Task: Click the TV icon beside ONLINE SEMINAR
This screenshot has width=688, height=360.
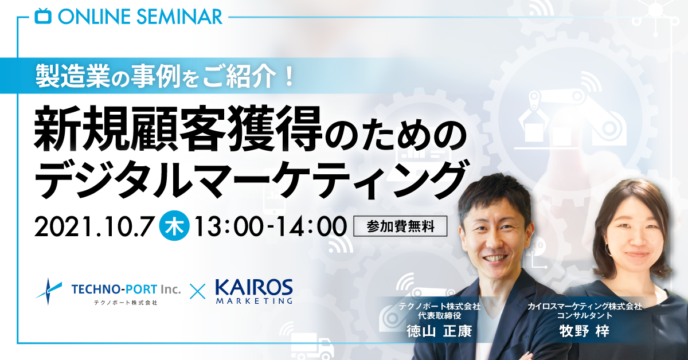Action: pos(42,16)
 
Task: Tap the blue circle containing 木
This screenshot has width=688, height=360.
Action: pos(174,227)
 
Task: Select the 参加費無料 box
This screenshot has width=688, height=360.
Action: pos(400,226)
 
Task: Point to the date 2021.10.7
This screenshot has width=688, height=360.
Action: pos(93,227)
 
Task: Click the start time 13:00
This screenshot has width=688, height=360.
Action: pos(229,227)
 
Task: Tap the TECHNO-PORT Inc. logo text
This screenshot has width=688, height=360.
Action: pos(126,289)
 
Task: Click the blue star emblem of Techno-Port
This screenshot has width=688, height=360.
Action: pos(49,291)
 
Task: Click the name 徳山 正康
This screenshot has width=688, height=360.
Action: pos(439,331)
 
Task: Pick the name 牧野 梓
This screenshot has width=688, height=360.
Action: pos(584,331)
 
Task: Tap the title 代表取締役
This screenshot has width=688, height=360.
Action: pos(439,315)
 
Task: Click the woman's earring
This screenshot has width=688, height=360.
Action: pos(608,248)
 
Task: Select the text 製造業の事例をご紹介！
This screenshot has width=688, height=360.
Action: pos(164,76)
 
